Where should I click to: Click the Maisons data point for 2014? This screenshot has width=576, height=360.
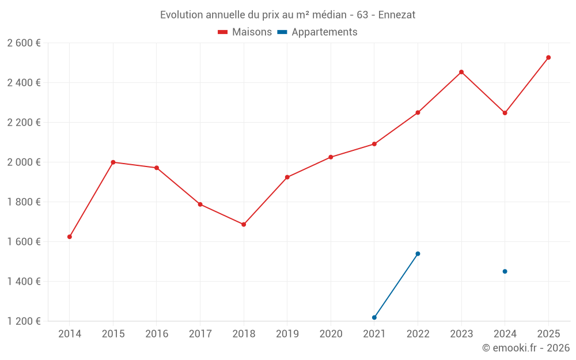70,237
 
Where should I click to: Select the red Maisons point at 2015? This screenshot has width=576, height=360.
113,162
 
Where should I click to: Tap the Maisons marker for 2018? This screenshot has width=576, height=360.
244,225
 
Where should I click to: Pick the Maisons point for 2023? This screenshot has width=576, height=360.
461,72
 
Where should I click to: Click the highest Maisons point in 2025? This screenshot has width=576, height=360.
548,58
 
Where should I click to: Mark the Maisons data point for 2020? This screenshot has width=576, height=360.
331,157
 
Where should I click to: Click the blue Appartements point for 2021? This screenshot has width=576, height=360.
374,317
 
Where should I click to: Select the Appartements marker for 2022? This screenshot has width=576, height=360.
418,253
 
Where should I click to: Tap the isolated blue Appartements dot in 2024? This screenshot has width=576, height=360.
505,271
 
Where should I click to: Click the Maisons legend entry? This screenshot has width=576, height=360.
245,32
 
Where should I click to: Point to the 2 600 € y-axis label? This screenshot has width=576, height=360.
24,43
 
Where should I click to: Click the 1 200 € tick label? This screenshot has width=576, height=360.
24,321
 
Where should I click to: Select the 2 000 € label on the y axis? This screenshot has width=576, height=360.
24,162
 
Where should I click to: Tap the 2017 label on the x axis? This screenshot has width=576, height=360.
200,334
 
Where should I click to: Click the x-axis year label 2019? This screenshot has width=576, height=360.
287,334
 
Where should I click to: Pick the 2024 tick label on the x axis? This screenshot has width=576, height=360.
505,334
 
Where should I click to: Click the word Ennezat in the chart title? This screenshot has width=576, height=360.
397,15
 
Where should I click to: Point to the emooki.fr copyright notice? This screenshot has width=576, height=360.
525,348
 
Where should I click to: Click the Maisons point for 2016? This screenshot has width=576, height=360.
157,168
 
